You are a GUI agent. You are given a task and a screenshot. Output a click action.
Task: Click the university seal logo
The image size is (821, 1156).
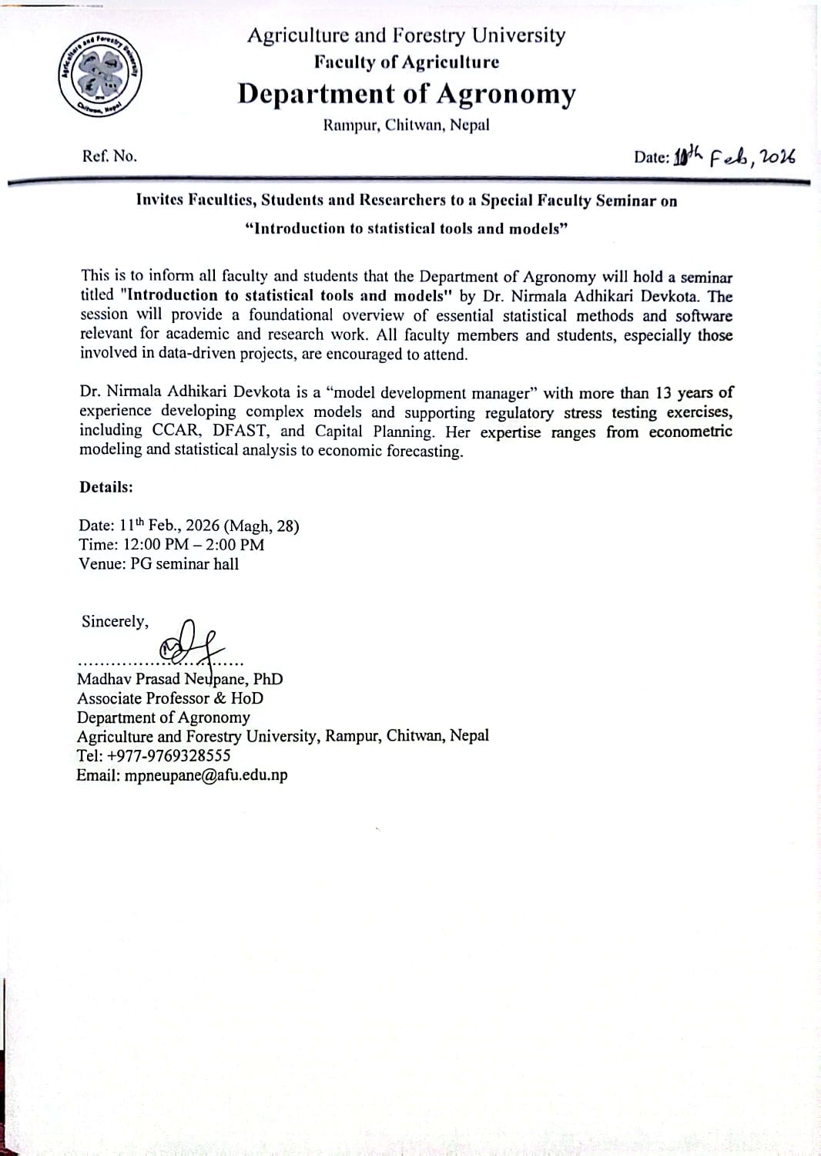pos(100,76)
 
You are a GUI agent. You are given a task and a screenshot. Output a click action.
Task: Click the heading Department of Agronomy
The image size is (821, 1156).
pos(407,94)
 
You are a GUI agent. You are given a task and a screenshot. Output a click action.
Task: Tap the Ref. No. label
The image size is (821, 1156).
pos(109,156)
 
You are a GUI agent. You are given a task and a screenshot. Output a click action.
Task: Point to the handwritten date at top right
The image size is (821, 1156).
pos(734,156)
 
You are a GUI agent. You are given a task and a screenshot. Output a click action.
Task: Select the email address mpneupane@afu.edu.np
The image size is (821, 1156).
pos(206,775)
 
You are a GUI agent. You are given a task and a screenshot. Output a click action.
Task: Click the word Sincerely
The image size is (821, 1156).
pos(115,621)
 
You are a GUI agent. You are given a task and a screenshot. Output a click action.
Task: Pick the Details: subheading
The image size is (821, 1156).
pos(106,487)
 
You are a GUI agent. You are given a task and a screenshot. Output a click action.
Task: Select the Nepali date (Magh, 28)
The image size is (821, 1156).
pos(262,526)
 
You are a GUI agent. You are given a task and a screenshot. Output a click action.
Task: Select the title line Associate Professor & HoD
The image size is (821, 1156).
pos(170,698)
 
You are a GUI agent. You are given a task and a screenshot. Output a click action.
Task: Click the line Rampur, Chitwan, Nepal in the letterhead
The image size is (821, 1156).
pos(406,126)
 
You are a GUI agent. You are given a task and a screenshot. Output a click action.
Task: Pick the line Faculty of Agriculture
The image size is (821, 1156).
pos(406,62)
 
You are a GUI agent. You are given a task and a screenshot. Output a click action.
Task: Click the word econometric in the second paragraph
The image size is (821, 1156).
pos(690,432)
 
